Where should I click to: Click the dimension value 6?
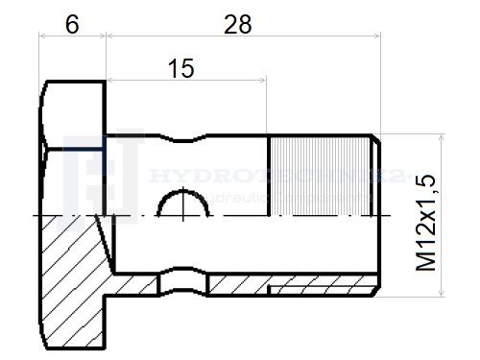(x=72, y=25)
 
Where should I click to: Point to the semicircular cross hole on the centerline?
(x=183, y=204)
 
